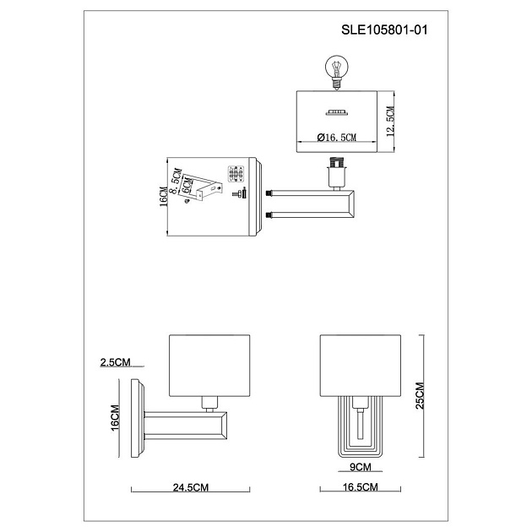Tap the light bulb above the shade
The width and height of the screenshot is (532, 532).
click(336, 68)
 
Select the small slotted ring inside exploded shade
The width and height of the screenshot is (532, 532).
click(336, 112)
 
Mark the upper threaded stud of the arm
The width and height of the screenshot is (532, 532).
click(269, 193)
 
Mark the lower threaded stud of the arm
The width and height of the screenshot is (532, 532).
click(269, 217)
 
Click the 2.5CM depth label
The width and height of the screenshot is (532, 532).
click(115, 362)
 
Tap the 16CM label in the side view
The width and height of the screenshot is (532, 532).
click(116, 417)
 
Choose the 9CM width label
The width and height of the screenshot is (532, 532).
click(361, 466)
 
